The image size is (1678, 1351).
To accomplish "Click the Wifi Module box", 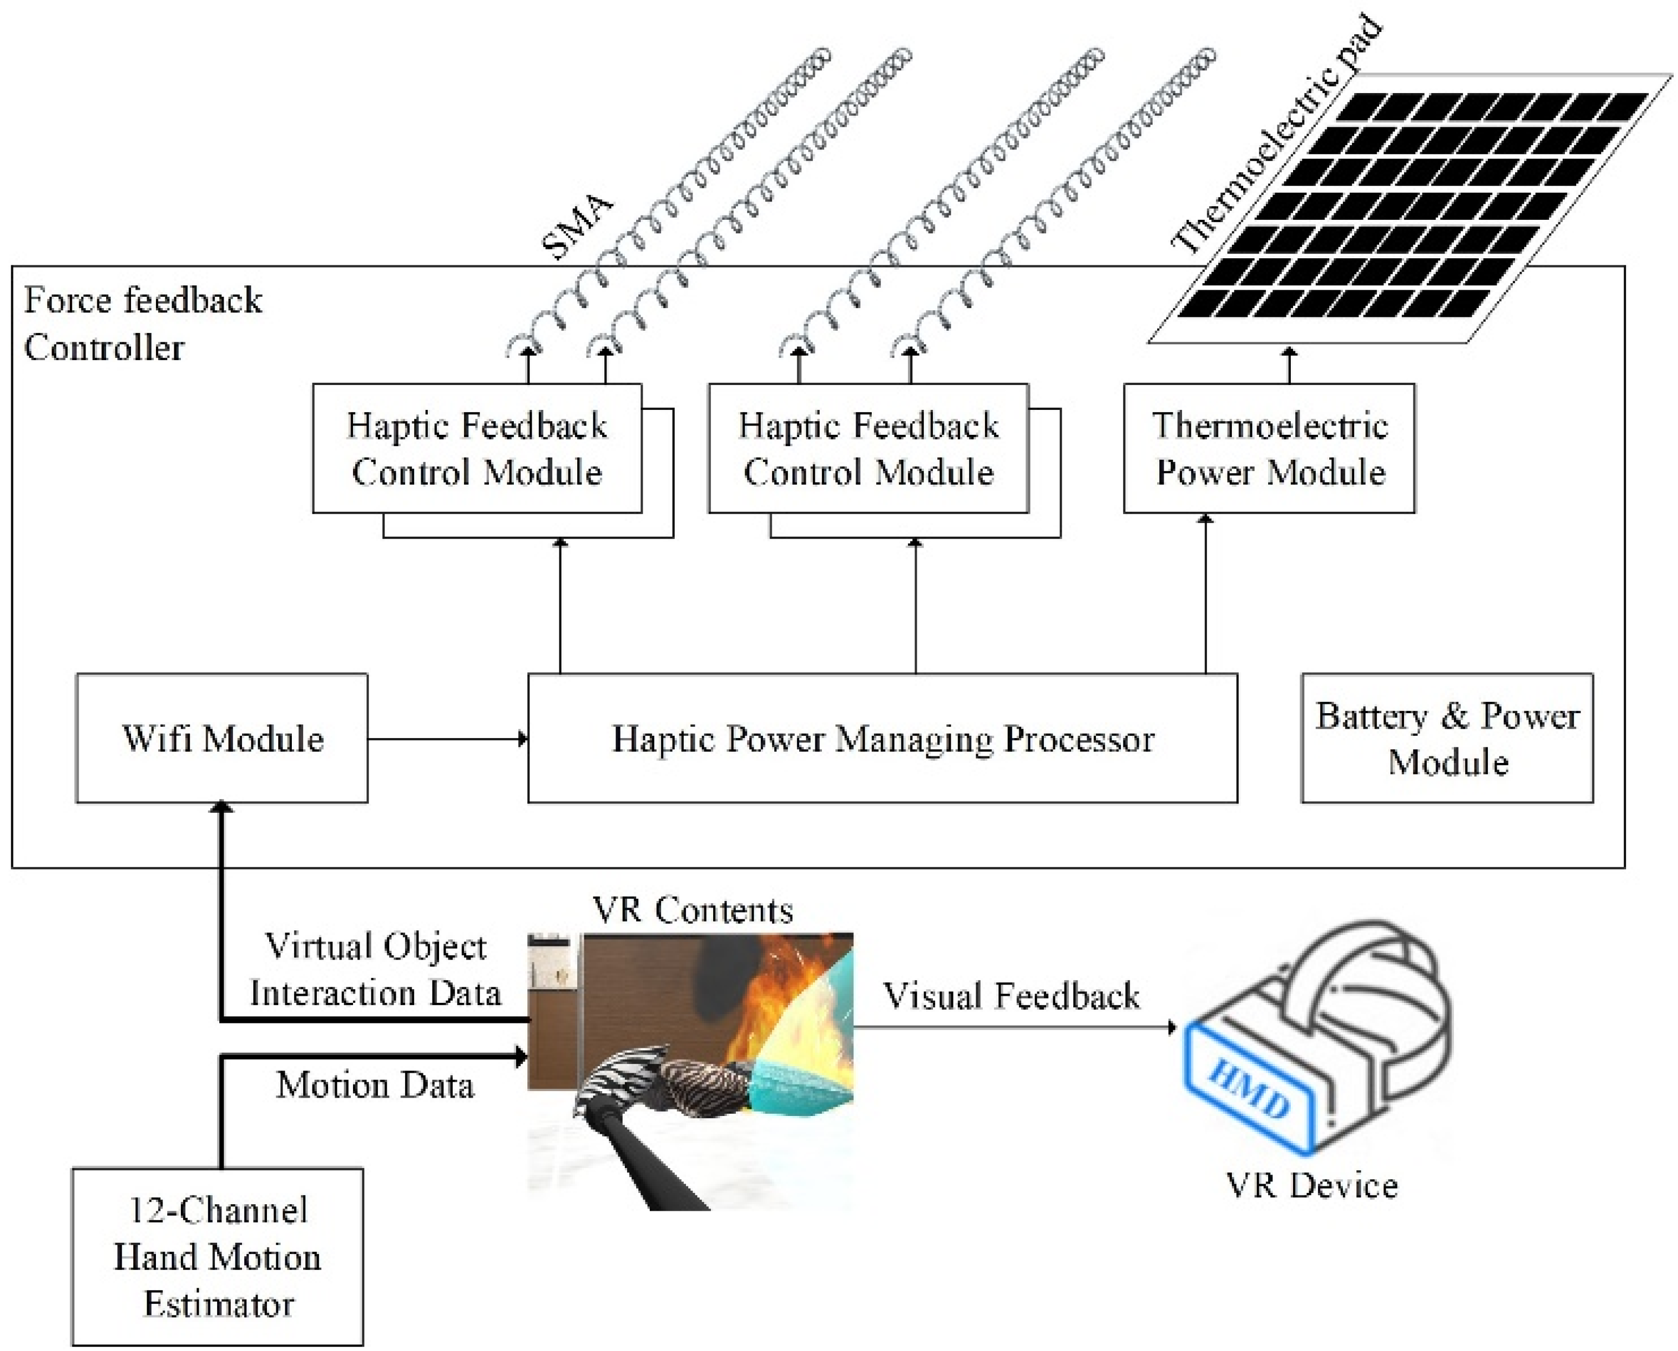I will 222,737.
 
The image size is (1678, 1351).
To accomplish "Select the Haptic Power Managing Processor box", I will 882,737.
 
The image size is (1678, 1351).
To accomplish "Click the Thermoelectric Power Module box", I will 1269,448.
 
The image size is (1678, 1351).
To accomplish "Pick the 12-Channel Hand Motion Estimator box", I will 217,1256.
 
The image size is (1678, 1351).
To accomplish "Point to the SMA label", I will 578,227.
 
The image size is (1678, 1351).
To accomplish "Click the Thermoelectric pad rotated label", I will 1276,136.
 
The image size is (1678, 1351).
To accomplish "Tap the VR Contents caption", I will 693,910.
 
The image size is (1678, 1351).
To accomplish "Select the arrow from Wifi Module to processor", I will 447,739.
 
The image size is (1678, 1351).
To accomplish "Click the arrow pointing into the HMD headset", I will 1012,1027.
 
